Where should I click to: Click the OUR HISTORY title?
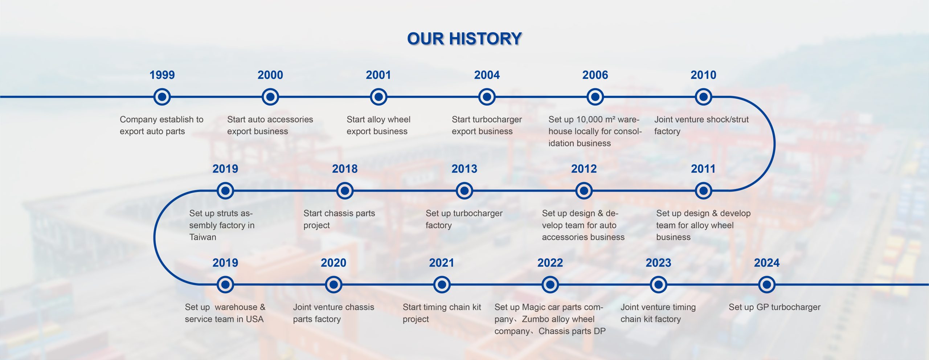click(x=464, y=39)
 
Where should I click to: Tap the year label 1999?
click(x=162, y=75)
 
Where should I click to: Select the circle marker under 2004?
click(x=487, y=97)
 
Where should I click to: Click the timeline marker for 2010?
click(x=703, y=97)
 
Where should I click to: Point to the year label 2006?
click(x=595, y=75)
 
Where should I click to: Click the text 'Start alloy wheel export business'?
click(x=378, y=125)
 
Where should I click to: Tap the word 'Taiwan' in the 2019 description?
click(x=202, y=237)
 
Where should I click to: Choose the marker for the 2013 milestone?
click(x=464, y=191)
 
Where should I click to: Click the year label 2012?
click(x=584, y=169)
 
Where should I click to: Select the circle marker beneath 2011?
click(x=703, y=191)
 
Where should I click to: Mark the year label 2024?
click(x=766, y=263)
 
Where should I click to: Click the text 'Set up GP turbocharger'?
click(x=774, y=307)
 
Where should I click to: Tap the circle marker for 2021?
click(x=442, y=285)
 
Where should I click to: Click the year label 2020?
click(x=333, y=263)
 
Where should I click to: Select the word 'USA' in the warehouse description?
click(x=254, y=319)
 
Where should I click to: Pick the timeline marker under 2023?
click(x=658, y=285)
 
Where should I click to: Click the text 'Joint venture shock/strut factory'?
click(x=701, y=125)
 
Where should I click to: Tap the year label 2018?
click(x=345, y=169)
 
